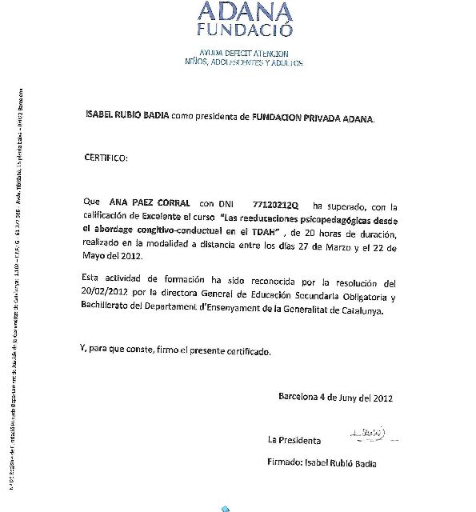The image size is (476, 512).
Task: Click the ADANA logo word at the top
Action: (246, 10)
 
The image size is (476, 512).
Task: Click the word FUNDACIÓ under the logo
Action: (245, 30)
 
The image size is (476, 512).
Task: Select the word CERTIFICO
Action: (106, 158)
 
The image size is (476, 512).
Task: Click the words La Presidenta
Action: (294, 441)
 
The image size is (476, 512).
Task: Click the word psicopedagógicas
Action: (345, 218)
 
